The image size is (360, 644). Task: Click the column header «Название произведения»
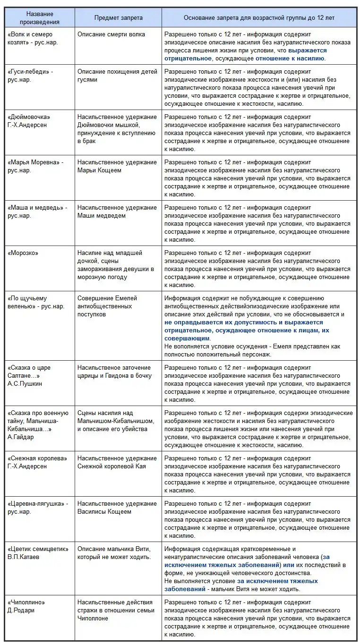tap(40, 17)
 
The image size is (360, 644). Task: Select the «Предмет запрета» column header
tap(118, 17)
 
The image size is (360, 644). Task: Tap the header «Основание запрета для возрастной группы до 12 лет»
tap(259, 17)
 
